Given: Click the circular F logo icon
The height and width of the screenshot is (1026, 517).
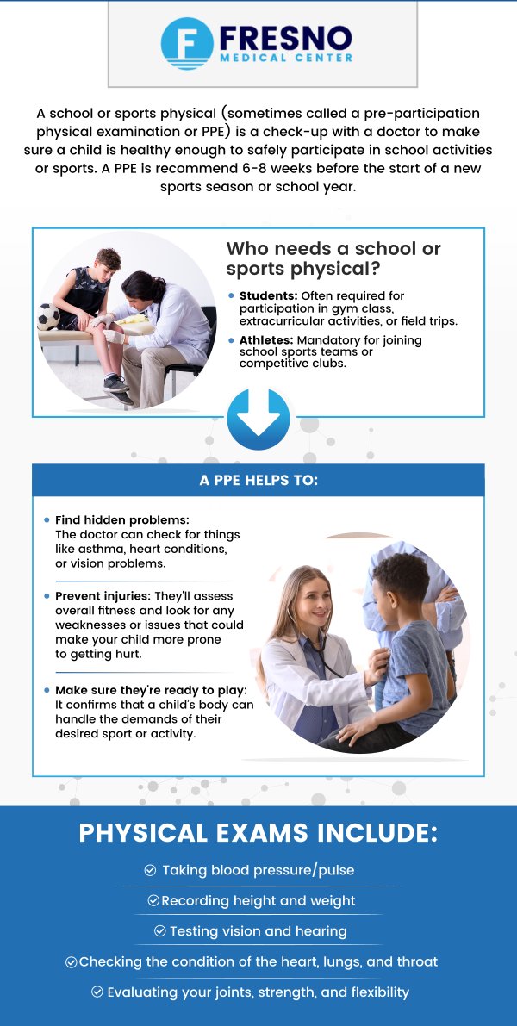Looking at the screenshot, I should pos(187,43).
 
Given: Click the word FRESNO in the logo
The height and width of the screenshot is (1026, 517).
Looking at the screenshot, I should pos(285,37).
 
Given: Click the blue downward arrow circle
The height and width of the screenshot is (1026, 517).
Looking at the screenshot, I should pos(258,419).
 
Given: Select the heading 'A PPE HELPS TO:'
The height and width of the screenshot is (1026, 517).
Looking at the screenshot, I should pos(258,480).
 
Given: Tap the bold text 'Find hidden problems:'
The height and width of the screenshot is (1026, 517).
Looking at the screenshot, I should pos(121,520).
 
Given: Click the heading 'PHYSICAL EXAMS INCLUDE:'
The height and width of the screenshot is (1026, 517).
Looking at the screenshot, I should pos(258,834).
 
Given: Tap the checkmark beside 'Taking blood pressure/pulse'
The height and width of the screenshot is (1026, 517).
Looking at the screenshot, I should pos(151,871).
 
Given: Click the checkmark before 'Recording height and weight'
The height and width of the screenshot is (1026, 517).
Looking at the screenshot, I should pos(153,901).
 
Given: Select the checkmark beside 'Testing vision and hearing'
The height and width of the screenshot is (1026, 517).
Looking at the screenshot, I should pos(160,931).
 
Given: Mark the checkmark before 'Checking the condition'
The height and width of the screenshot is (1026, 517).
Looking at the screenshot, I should pos(72,962).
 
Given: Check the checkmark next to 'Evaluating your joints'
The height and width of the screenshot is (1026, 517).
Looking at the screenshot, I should pos(97,992).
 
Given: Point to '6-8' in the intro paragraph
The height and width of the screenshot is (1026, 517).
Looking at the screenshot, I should pos(281,168).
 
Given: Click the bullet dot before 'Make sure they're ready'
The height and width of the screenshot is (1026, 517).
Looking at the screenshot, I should pos(47,690).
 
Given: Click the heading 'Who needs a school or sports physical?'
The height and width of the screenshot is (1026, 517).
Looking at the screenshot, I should pos(333,258).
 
